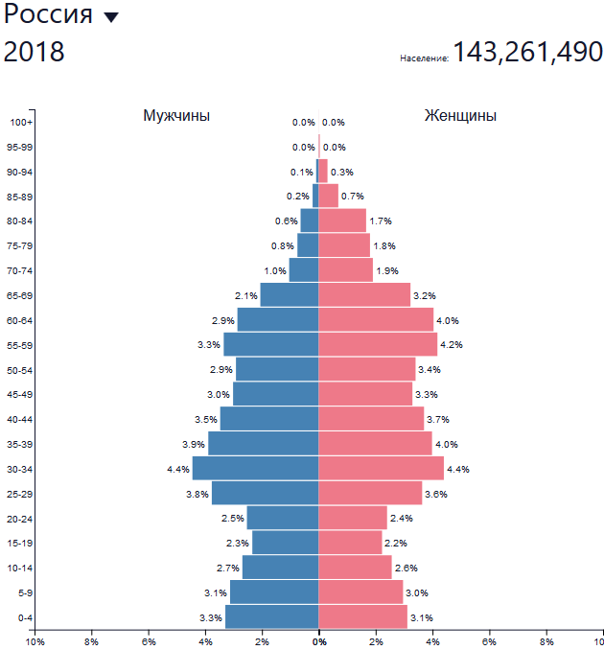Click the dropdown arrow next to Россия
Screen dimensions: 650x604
coord(111,17)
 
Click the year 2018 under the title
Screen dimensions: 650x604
coord(35,52)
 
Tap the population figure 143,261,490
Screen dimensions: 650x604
coord(527,52)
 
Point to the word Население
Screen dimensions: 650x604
coord(424,59)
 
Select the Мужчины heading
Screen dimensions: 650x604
coord(176,116)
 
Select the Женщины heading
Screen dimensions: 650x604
coord(460,116)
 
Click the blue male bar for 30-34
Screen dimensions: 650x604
coord(255,468)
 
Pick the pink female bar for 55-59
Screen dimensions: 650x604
coord(378,344)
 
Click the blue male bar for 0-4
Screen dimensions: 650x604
coord(271,616)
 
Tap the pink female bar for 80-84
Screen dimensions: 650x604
coord(342,221)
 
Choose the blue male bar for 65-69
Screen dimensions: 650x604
coord(289,294)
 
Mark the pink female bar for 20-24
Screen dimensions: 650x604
coord(353,518)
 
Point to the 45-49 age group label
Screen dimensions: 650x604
coord(19,394)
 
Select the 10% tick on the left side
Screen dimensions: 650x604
coord(35,640)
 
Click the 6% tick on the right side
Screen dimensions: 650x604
coord(489,640)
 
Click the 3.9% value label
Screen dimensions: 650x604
coord(195,444)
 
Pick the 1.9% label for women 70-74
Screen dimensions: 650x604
coord(387,270)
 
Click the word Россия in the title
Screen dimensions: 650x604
coord(49,15)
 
